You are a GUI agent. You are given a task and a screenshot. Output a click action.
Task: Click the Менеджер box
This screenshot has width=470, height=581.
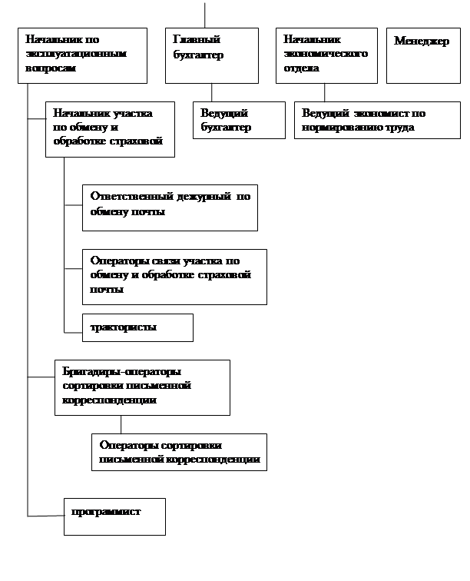423,55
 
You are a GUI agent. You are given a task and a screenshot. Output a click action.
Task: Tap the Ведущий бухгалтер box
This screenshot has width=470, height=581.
237,120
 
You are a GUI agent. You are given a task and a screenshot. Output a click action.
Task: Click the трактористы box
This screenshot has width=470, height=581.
137,327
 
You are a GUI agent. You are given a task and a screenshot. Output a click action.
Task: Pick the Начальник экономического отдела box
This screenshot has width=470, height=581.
326,55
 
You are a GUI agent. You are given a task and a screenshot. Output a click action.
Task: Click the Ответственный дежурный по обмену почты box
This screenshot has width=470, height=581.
170,207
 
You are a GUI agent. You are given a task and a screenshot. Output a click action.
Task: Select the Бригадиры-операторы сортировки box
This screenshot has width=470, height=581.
142,387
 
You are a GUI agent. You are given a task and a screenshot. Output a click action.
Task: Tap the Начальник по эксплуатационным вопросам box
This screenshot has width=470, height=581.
82,55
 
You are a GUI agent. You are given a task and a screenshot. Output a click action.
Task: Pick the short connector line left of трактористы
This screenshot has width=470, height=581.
73,331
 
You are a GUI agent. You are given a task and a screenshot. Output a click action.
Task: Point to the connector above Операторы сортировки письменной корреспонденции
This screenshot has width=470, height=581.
121,424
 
